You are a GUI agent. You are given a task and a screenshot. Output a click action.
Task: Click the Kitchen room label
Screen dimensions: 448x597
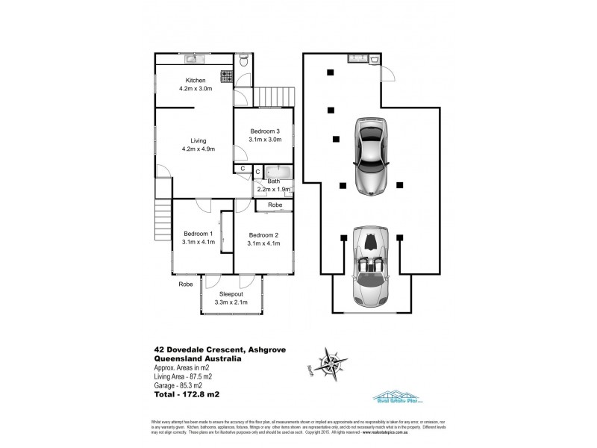coord(195,81)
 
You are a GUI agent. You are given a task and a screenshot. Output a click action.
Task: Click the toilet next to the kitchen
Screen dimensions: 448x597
coord(245,58)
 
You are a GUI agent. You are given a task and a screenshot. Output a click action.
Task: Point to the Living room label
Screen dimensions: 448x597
coord(198,140)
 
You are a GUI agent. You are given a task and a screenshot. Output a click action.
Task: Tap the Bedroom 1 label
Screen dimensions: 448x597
coord(199,234)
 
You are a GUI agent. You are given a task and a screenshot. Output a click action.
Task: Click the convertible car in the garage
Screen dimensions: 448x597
coord(371,267)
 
